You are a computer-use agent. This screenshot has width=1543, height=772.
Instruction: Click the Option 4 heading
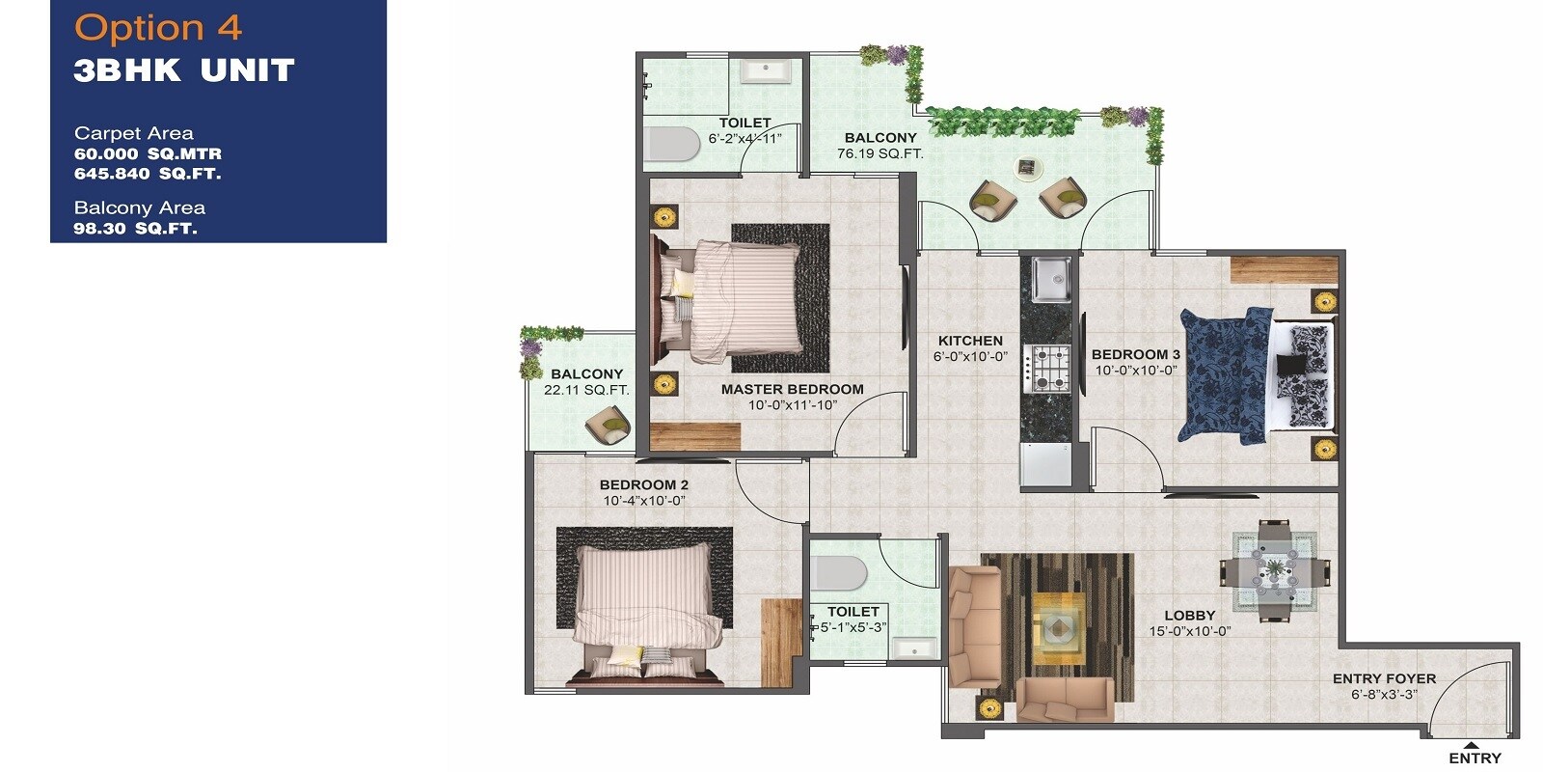pos(157,27)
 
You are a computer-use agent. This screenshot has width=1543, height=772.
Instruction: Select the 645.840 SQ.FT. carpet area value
pos(148,174)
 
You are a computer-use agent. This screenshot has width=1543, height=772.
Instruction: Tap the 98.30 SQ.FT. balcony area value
pos(135,229)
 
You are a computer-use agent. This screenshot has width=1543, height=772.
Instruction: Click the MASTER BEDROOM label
pos(792,389)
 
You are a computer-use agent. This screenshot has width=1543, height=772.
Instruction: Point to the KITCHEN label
pos(970,341)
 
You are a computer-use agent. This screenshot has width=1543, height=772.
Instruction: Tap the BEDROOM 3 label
pos(1135,354)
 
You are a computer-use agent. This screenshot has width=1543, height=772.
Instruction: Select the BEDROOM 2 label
pos(643,484)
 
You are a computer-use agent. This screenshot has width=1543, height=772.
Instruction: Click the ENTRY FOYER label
pos(1384,678)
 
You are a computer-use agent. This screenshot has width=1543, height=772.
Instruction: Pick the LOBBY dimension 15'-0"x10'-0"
pos(1190,631)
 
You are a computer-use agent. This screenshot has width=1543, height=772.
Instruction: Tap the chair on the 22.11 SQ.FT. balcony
pos(609,424)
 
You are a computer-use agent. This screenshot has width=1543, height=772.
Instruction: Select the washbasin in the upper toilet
pos(768,71)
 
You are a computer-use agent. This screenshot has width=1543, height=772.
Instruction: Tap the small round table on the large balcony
pos(1028,168)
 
